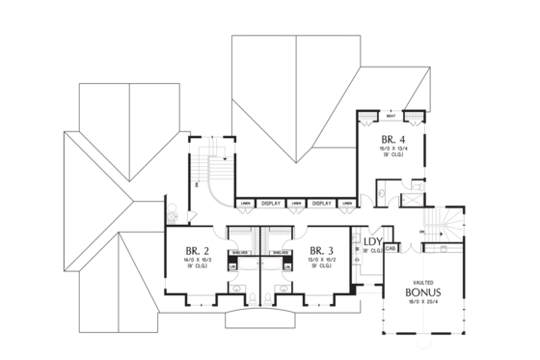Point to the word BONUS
click(x=423, y=291)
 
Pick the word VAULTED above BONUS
click(x=423, y=280)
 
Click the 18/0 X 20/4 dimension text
click(x=423, y=301)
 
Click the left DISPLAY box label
click(x=270, y=204)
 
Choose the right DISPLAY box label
click(x=322, y=204)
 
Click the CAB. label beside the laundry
click(x=391, y=248)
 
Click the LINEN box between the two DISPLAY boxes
click(x=296, y=204)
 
